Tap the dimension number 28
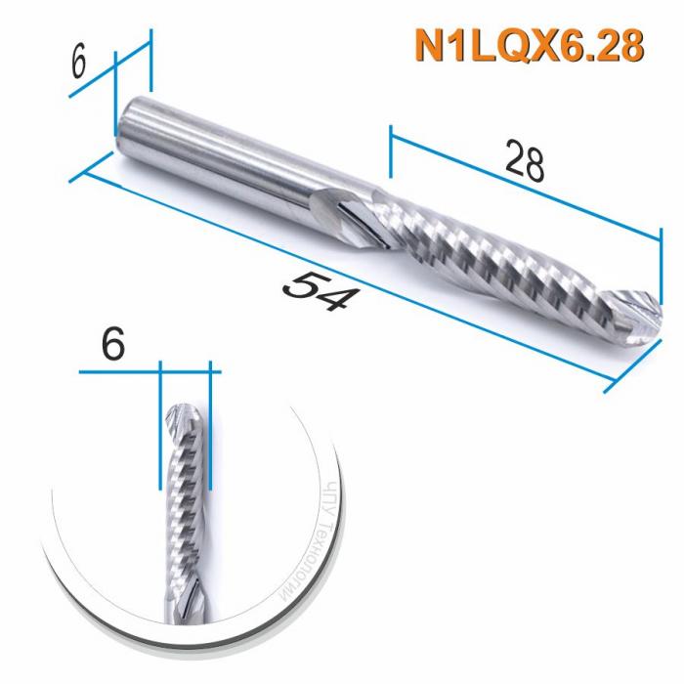pyautogui.click(x=524, y=161)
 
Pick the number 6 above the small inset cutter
pyautogui.click(x=113, y=345)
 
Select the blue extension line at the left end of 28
pyautogui.click(x=390, y=151)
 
